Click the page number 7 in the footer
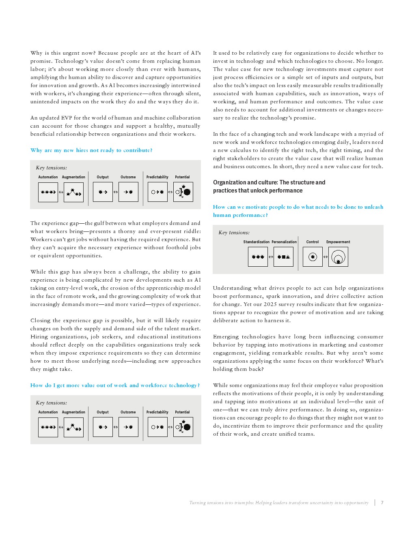click(x=382, y=503)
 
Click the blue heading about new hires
click(x=91, y=150)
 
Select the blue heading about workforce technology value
click(x=115, y=385)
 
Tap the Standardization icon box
click(x=258, y=257)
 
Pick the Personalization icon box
click(x=283, y=257)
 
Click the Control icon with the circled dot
click(x=313, y=257)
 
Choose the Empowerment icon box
click(x=338, y=257)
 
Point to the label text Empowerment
click(x=338, y=242)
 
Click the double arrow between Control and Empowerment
click(x=326, y=257)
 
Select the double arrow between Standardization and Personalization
click(x=271, y=257)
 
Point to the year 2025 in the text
click(x=270, y=304)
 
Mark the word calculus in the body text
click(x=240, y=150)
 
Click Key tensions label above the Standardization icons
click(x=234, y=233)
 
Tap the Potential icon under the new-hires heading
click(x=183, y=192)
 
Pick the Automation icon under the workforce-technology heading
click(x=48, y=427)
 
